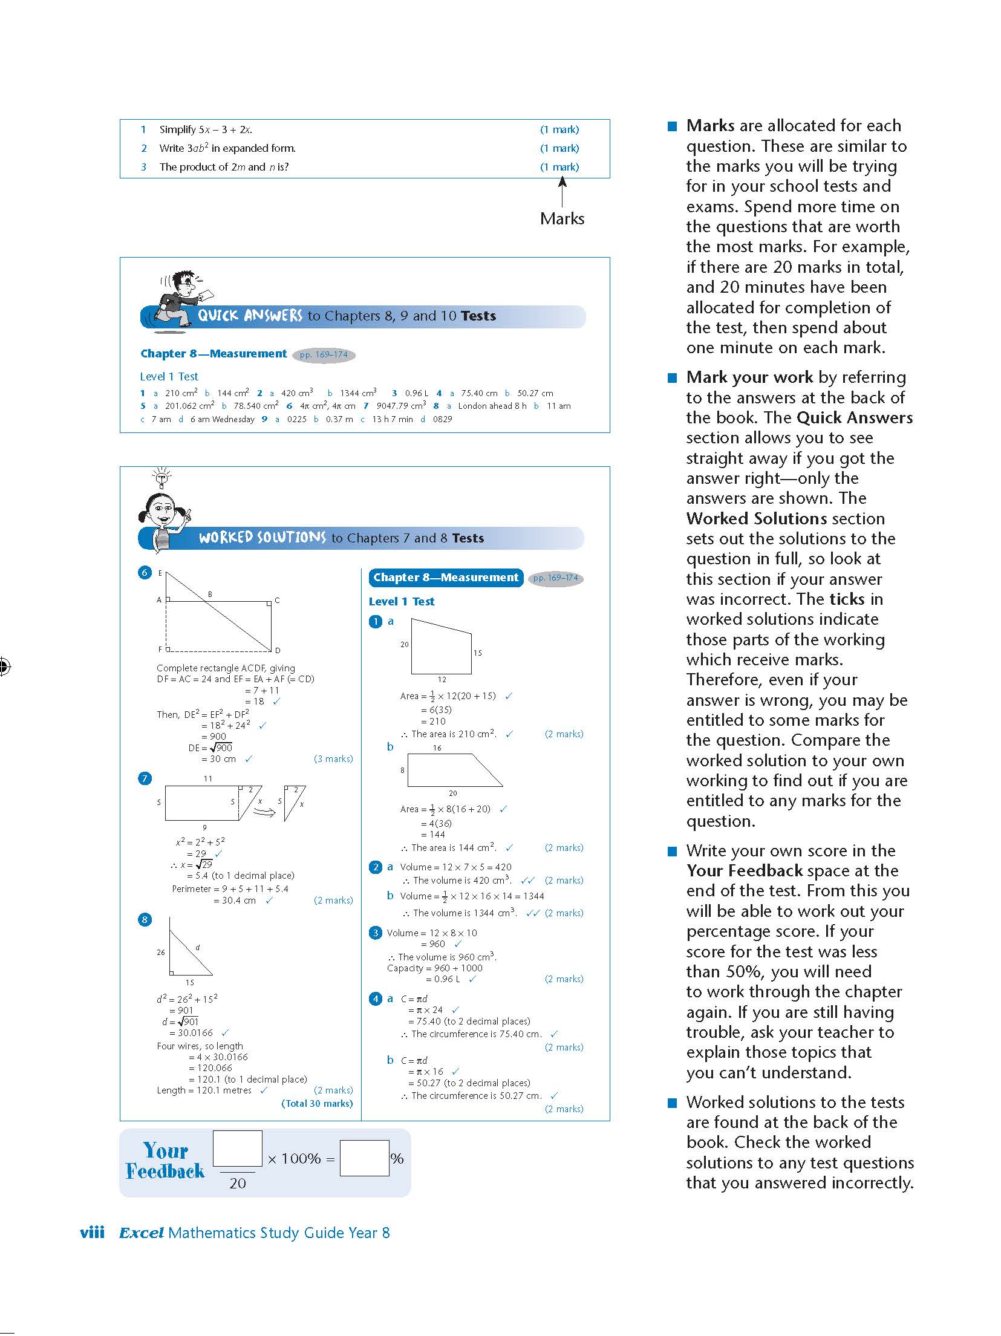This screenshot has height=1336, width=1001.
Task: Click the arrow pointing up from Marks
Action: coord(562,192)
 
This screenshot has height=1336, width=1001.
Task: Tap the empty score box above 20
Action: coord(237,1148)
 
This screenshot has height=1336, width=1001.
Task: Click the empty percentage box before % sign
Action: coord(364,1158)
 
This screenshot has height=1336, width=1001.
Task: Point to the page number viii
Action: coord(92,1233)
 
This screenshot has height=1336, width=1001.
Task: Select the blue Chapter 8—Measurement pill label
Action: coord(445,578)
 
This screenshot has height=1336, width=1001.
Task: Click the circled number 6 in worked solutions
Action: coord(145,572)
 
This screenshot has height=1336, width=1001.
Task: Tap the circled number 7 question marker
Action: coord(145,778)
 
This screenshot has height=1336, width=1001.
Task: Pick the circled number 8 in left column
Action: coord(145,920)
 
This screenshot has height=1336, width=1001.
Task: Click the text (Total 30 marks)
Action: coord(317,1103)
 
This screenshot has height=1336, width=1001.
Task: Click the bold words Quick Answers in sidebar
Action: coord(855,418)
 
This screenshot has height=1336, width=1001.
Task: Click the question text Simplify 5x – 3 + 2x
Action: coord(206,129)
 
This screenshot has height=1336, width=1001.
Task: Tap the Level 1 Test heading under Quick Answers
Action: coord(169,376)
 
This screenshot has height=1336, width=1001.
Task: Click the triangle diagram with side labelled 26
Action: coord(189,950)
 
